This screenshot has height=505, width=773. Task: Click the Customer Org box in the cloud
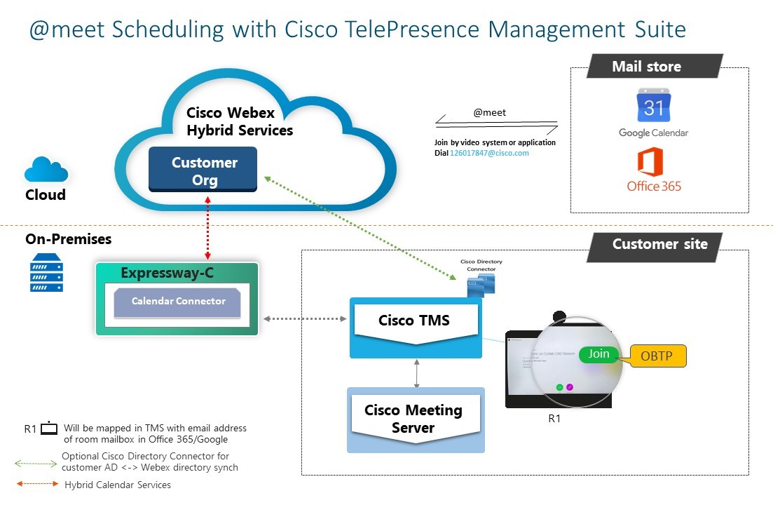[x=203, y=170]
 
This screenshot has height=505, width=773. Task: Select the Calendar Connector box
[x=178, y=302]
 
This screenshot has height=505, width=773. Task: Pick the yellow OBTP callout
[x=657, y=356]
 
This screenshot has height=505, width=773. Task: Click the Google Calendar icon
[x=653, y=107]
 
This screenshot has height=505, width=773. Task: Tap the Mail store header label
[x=646, y=67]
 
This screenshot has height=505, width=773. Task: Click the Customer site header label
[x=659, y=245]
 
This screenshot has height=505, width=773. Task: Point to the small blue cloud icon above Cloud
[x=46, y=170]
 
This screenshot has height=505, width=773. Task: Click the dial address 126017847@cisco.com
[x=489, y=153]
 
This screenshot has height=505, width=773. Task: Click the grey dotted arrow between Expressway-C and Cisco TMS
[x=306, y=320]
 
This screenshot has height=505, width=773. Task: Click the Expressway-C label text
[x=167, y=273]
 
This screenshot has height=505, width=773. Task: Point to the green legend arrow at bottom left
[x=37, y=463]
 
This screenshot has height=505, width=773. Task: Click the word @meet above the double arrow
[x=489, y=112]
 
